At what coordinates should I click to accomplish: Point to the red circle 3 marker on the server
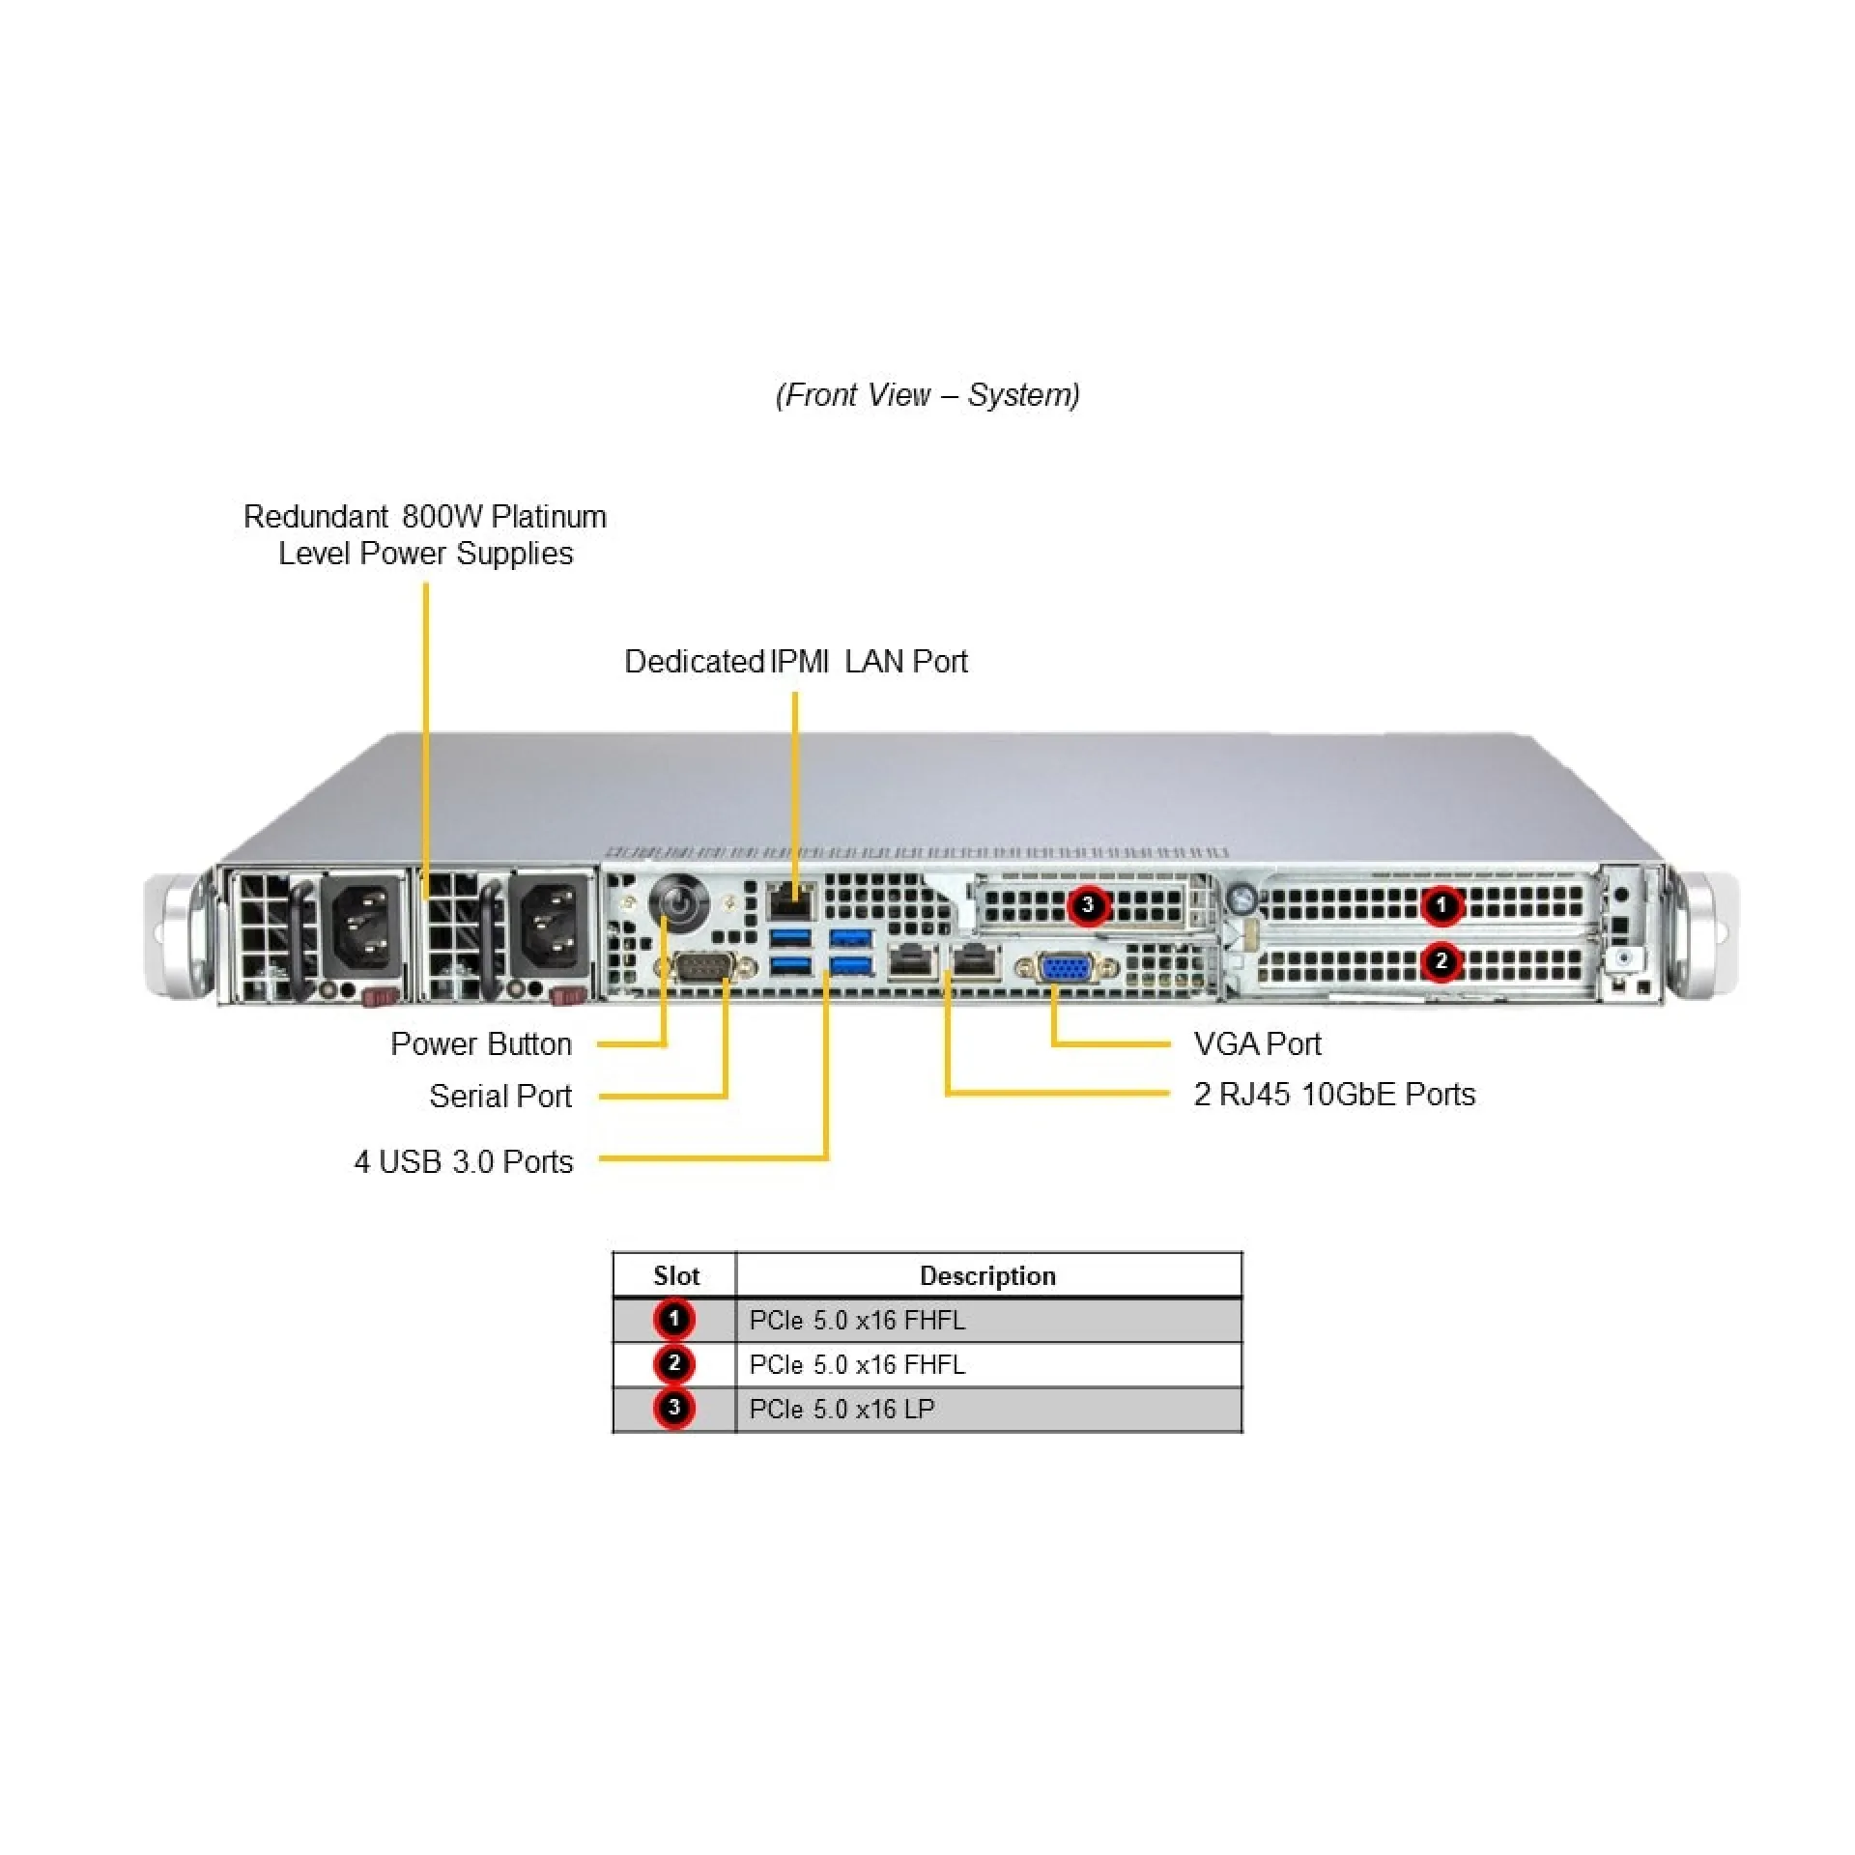pos(1088,905)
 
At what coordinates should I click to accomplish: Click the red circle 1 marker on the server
pos(1441,905)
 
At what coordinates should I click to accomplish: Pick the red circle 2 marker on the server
pos(1441,961)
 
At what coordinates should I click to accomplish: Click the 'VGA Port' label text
pos(1256,1043)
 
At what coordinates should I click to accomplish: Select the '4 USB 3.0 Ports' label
pos(464,1161)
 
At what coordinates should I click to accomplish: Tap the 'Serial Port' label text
pos(499,1096)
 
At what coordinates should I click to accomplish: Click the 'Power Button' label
pos(480,1043)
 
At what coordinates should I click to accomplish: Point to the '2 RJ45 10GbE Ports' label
pos(1334,1094)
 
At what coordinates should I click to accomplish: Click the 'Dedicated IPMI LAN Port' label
pos(795,661)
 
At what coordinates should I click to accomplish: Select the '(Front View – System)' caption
pos(927,394)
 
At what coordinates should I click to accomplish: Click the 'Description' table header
pos(987,1275)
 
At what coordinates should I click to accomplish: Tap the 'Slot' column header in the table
pos(675,1275)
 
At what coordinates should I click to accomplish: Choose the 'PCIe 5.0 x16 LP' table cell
pos(842,1409)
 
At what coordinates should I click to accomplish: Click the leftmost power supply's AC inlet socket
pos(364,928)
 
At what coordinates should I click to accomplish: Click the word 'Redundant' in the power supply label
pos(315,516)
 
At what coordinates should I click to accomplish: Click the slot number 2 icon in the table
pos(674,1363)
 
